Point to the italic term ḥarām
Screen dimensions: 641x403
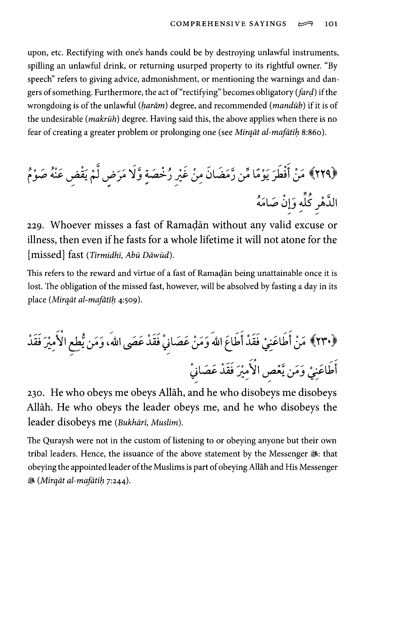tap(152, 106)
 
